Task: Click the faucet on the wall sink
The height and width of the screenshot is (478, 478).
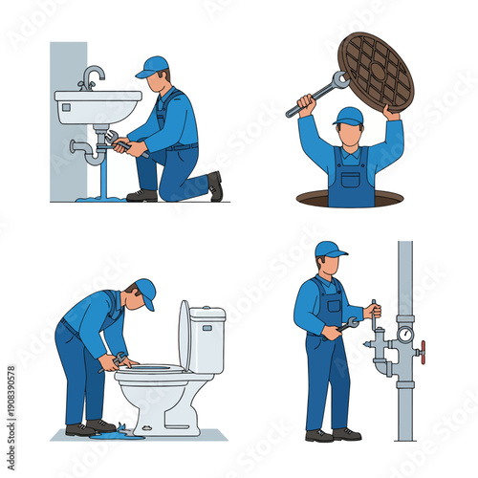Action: pos(91,76)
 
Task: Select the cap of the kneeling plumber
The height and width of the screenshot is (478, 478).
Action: pos(153,66)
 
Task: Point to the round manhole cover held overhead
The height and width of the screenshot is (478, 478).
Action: pos(375,69)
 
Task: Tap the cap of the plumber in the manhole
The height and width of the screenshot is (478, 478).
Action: pos(348,116)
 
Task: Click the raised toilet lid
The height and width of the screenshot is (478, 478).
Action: pos(184,335)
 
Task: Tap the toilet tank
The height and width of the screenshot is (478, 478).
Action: pos(207,339)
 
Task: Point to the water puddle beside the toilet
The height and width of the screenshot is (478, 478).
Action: pos(121,432)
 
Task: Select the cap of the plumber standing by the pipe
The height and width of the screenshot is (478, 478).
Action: pos(330,250)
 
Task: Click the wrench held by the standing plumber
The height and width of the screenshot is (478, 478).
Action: pos(347,325)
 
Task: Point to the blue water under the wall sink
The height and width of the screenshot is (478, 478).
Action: pos(100,197)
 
